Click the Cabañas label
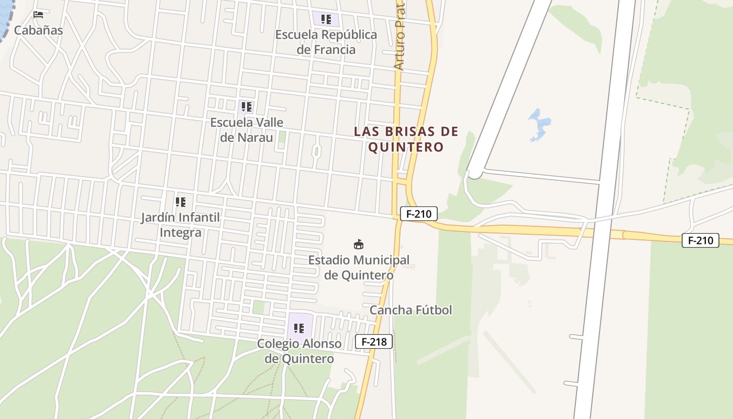click(38, 30)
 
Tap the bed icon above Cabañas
click(38, 14)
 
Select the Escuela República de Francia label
click(326, 42)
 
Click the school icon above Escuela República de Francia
click(326, 20)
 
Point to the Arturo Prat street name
click(400, 38)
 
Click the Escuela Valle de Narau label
click(247, 130)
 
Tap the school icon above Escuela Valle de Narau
click(247, 107)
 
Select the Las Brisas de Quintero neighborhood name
click(406, 139)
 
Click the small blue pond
click(538, 125)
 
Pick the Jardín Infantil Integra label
click(180, 225)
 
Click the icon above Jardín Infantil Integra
click(180, 202)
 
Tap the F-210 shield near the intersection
click(418, 214)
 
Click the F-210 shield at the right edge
click(700, 240)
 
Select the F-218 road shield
click(373, 341)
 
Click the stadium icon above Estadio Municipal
click(359, 245)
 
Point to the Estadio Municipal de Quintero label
click(359, 267)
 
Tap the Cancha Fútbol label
click(410, 310)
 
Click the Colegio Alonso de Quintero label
click(299, 351)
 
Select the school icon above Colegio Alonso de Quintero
click(299, 328)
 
